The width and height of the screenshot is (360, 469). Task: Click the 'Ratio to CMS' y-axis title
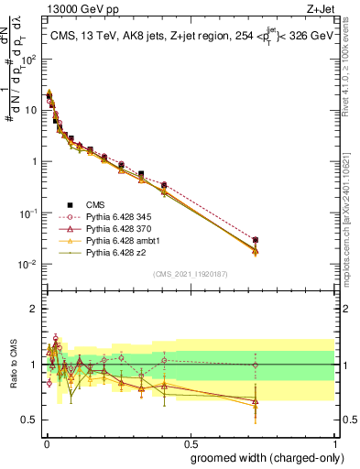12,365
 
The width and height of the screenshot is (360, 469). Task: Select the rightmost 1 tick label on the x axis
334,442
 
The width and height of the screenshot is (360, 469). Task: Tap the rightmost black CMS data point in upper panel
255,240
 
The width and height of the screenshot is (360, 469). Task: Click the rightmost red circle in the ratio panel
255,365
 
